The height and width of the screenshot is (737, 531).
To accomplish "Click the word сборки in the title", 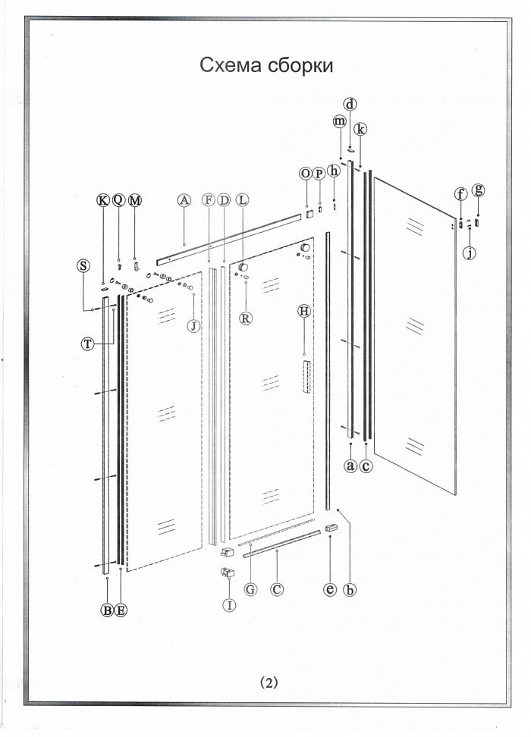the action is click(x=301, y=65).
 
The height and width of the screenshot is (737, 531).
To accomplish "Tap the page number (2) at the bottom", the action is click(x=269, y=683).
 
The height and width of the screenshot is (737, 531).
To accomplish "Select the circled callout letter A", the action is click(x=184, y=200).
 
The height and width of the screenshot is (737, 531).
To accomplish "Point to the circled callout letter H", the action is click(x=305, y=311).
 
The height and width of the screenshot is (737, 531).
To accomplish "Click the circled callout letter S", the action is click(x=83, y=265).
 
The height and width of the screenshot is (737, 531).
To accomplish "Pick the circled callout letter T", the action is click(x=87, y=344).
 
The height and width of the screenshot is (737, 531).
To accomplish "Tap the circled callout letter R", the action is click(x=246, y=318).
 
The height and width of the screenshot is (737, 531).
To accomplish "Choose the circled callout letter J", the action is click(x=193, y=325).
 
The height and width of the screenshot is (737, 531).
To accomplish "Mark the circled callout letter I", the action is click(x=229, y=604).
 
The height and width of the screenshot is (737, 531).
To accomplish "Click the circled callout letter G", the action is click(x=250, y=589).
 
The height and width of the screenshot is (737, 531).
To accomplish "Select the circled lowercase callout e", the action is click(x=330, y=589).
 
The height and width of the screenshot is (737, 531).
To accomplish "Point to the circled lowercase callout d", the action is click(x=350, y=104).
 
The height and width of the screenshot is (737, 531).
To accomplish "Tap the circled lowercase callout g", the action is click(x=479, y=190).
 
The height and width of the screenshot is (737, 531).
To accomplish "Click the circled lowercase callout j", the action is click(x=469, y=253).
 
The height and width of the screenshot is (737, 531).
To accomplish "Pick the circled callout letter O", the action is click(x=306, y=174).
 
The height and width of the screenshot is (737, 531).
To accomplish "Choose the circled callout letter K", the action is click(x=102, y=201).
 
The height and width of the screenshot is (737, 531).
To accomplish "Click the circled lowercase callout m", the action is click(x=340, y=121).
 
